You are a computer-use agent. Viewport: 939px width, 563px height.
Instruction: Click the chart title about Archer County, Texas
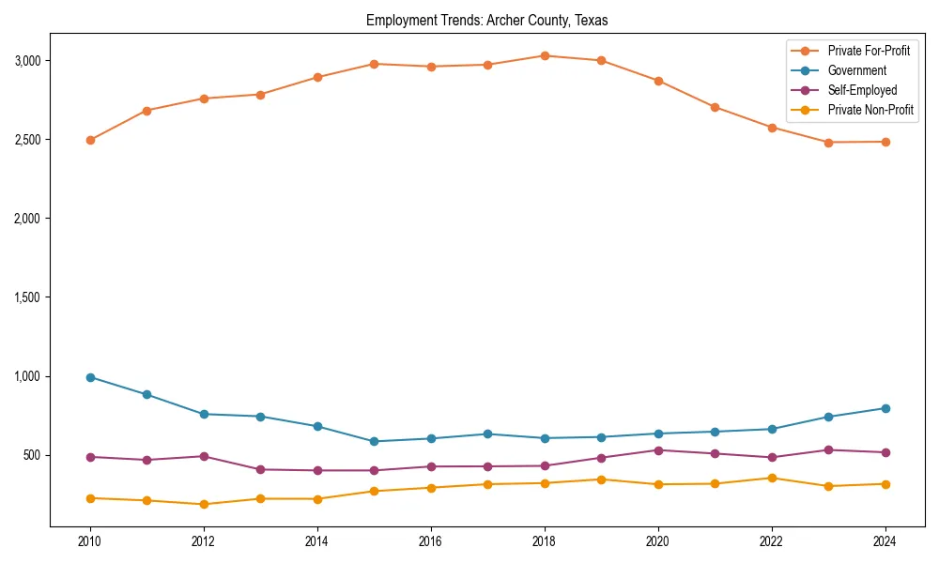coord(486,20)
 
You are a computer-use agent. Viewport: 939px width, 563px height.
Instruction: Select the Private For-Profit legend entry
coord(869,51)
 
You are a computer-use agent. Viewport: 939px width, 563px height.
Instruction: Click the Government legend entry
coord(856,70)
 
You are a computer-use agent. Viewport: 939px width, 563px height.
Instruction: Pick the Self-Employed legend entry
coord(862,90)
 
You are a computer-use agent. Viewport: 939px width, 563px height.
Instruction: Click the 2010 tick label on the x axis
coord(90,541)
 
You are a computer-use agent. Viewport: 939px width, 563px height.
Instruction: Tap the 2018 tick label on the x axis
coord(545,541)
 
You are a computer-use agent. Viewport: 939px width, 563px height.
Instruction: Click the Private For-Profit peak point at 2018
coord(545,55)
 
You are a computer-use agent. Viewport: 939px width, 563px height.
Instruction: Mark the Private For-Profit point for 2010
coord(90,140)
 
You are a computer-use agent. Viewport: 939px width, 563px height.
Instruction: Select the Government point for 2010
coord(90,377)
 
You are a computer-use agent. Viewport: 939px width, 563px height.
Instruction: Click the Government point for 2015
coord(374,441)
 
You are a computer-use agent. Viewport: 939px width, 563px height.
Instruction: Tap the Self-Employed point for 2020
coord(658,450)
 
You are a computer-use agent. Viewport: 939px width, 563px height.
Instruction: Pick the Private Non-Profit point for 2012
coord(204,504)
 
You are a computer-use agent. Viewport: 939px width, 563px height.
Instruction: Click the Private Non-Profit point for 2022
coord(772,478)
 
